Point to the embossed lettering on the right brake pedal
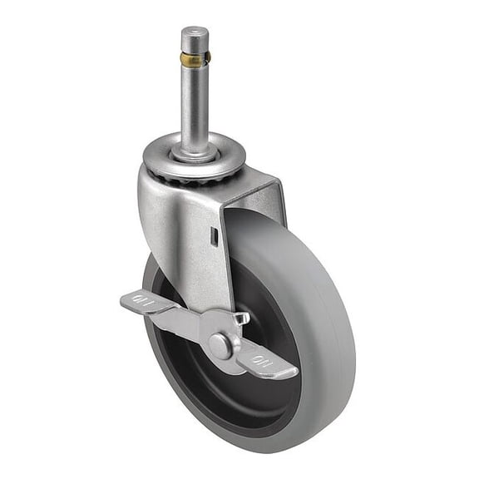click(x=263, y=360)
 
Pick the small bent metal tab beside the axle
click(x=241, y=319)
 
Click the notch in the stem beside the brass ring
click(x=206, y=59)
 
